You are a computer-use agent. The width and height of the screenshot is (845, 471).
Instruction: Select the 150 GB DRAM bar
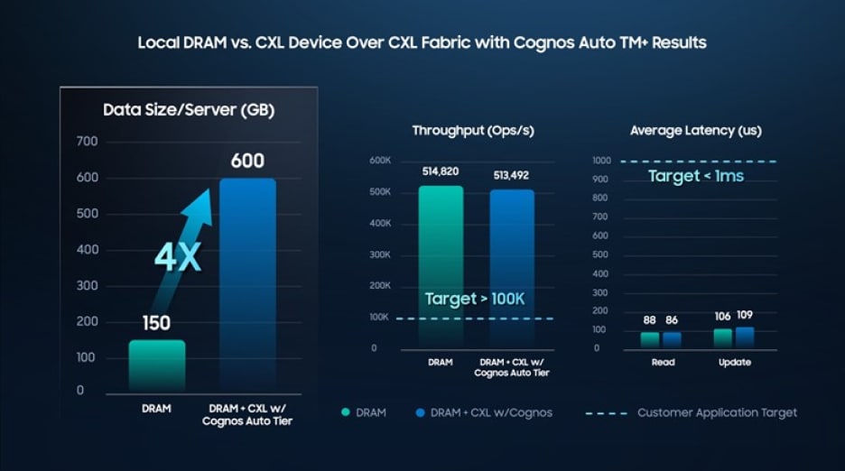click(x=157, y=365)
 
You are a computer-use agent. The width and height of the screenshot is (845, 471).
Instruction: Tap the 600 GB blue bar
click(x=247, y=284)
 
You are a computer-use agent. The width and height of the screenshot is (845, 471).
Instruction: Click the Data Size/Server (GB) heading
click(x=189, y=110)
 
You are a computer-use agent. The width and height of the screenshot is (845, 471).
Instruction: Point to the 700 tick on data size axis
click(x=87, y=142)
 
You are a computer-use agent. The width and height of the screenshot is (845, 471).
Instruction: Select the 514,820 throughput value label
click(x=441, y=171)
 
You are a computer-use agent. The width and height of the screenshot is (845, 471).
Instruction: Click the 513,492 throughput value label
click(x=512, y=175)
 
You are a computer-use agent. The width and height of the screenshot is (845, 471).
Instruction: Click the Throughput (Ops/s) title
click(x=473, y=131)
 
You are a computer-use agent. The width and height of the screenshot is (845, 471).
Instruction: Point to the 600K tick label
click(x=379, y=161)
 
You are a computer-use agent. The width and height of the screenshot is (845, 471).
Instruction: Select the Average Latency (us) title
click(x=695, y=131)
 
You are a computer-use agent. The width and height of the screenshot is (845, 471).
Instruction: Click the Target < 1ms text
click(x=696, y=176)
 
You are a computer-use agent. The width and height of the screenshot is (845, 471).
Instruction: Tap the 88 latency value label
click(x=650, y=319)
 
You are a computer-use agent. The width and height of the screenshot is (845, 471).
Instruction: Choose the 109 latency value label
click(x=744, y=315)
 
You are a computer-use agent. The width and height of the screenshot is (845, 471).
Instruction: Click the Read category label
click(x=662, y=363)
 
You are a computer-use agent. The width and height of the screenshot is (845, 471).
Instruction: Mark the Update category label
click(x=735, y=363)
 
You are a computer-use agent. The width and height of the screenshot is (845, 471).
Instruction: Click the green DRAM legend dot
click(x=345, y=413)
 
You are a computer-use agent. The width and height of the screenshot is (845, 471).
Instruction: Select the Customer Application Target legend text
click(x=717, y=412)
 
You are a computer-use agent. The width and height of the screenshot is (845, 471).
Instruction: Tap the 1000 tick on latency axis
click(x=602, y=161)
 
